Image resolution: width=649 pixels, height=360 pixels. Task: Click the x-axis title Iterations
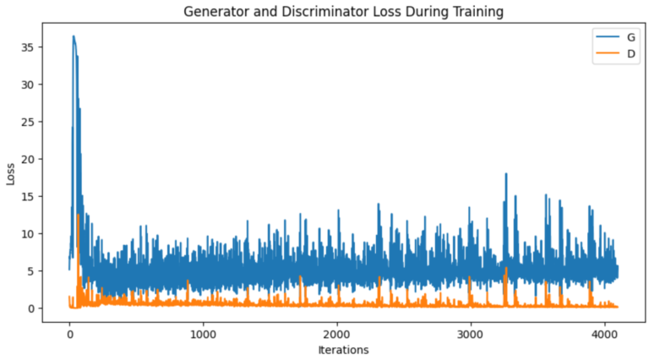pos(343,349)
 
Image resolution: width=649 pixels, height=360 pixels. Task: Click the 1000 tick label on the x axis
pos(203,332)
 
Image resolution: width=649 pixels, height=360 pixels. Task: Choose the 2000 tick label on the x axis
pos(336,332)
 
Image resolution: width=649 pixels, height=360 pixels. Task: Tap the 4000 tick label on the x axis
pos(603,332)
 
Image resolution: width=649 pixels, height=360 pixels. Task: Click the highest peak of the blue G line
pos(74,36)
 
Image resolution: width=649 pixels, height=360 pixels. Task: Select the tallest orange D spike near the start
pos(78,215)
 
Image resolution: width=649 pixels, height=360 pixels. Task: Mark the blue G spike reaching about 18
pos(505,174)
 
